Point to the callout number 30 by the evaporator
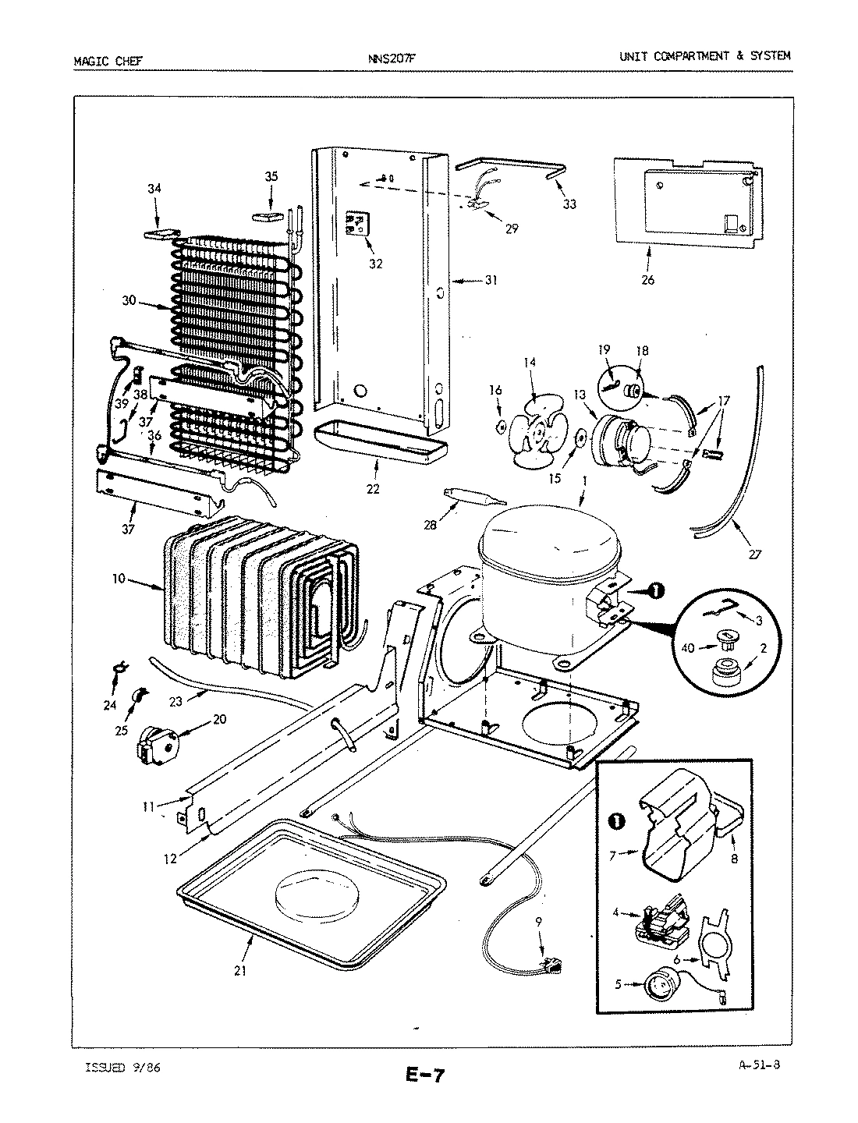129,299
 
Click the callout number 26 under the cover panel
647,280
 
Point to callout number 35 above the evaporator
271,176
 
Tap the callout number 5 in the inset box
619,984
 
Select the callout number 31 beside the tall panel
491,280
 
